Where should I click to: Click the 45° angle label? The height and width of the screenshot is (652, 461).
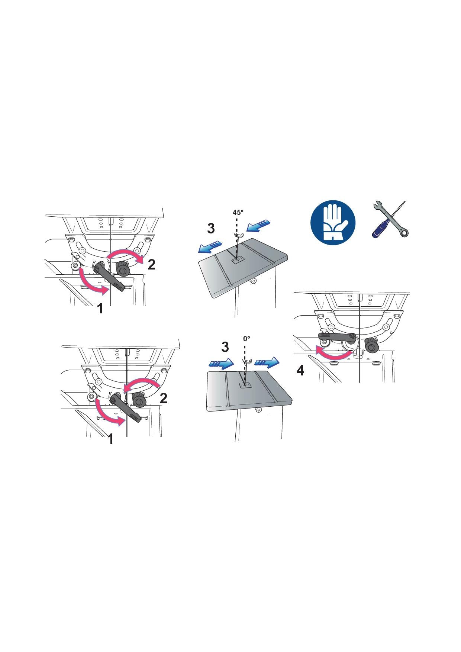238,212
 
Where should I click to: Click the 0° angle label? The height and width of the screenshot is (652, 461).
246,339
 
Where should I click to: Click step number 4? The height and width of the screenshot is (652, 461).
300,371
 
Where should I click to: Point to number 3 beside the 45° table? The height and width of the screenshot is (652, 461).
211,228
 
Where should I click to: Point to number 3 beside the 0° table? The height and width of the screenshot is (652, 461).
225,347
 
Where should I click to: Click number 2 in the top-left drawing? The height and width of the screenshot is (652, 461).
151,265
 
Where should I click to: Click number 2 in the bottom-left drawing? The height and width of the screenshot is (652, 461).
163,398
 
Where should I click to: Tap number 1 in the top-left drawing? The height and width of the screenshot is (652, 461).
100,308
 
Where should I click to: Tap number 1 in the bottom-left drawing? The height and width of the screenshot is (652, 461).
110,439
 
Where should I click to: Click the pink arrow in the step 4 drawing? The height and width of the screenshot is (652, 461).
332,355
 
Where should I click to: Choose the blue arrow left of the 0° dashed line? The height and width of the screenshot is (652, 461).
222,364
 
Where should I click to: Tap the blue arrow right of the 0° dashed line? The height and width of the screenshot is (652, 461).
267,363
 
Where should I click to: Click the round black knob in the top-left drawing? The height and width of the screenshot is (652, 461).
123,268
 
